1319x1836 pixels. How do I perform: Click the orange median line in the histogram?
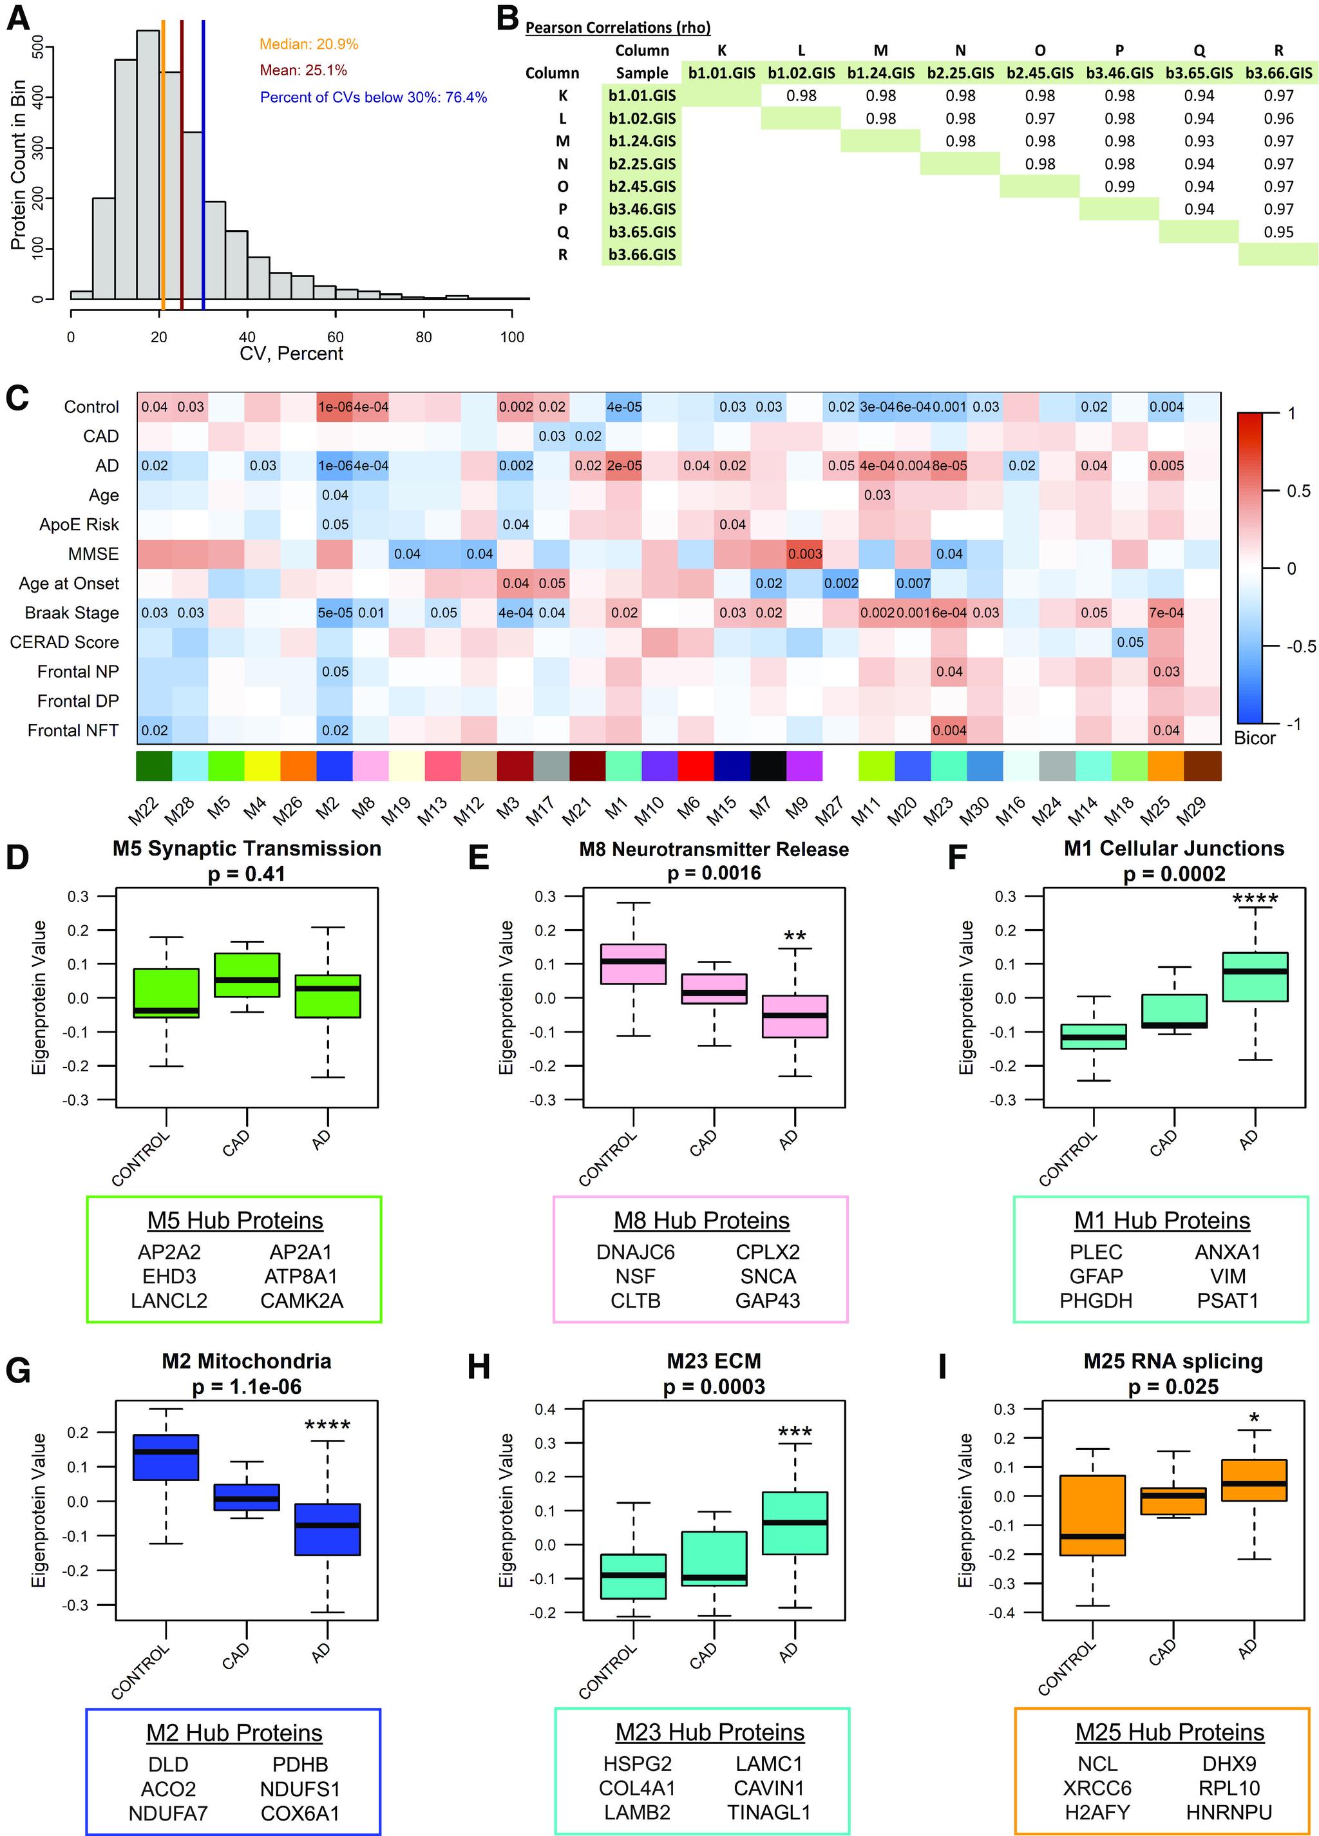point(163,162)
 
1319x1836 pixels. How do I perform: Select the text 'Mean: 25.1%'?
point(303,70)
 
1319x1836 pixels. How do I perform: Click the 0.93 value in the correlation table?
point(1199,141)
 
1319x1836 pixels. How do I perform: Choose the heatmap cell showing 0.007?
point(913,583)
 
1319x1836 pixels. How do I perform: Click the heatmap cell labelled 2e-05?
point(624,466)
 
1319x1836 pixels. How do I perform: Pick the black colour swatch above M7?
point(768,766)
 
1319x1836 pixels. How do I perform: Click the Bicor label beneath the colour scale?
point(1254,738)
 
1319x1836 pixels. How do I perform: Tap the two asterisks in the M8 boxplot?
point(795,937)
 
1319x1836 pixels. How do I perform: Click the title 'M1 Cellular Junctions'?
point(1173,848)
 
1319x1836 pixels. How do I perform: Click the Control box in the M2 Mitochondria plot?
point(166,1457)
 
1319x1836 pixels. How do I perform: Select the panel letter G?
point(18,1370)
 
